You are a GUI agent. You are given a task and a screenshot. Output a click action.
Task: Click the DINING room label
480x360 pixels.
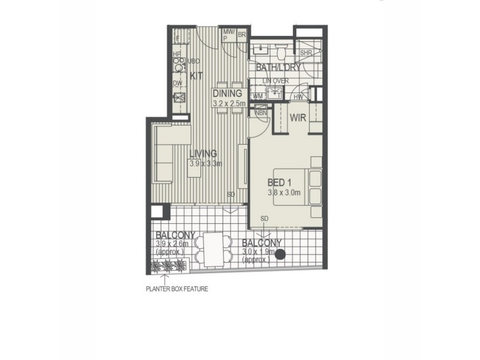[227, 94]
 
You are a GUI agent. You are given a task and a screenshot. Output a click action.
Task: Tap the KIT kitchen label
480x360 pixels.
[197, 76]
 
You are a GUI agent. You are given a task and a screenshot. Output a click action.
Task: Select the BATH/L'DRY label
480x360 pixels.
[278, 69]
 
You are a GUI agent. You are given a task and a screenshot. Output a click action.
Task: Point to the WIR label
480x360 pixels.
[298, 118]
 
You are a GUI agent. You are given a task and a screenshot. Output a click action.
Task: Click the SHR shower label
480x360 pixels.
[306, 53]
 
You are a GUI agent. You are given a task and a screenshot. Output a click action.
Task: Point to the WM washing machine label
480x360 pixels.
[258, 96]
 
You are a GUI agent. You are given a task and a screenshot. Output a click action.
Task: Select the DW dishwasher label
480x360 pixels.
[178, 83]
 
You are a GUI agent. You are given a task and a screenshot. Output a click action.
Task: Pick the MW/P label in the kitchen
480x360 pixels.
[229, 34]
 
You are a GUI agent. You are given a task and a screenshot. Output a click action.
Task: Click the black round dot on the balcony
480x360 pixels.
[280, 254]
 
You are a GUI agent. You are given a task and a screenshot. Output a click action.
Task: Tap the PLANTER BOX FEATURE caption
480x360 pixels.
[177, 289]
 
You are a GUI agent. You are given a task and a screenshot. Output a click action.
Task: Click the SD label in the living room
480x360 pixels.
[231, 194]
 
